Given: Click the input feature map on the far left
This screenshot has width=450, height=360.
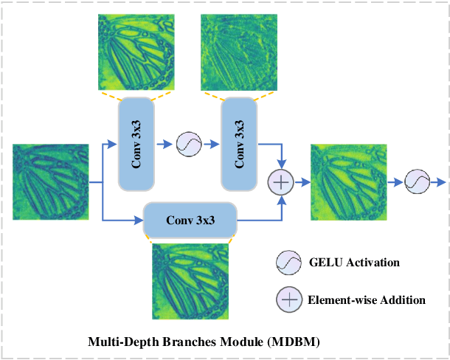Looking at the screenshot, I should pyautogui.click(x=51, y=182).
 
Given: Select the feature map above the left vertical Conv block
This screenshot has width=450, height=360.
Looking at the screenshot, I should pyautogui.click(x=136, y=52).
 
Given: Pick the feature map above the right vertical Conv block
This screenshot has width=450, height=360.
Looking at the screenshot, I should pyautogui.click(x=239, y=52).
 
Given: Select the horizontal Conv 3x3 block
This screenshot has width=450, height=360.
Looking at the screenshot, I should pyautogui.click(x=190, y=220).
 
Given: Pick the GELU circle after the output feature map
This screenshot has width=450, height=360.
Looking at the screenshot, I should pyautogui.click(x=416, y=181).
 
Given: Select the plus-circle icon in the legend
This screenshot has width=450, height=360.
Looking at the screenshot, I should pyautogui.click(x=288, y=300).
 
